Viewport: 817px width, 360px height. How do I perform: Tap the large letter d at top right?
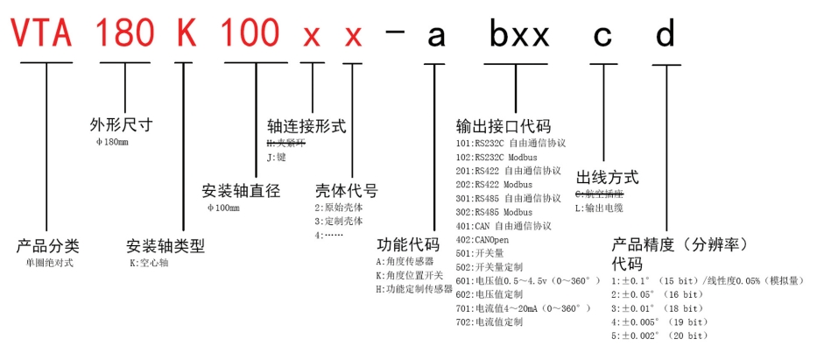[666, 34]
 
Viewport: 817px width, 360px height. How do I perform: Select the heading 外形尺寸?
[122, 124]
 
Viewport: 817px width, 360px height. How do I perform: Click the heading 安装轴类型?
[166, 246]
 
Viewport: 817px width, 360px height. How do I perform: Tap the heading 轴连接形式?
[306, 126]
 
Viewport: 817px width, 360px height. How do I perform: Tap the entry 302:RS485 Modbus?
[494, 212]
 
